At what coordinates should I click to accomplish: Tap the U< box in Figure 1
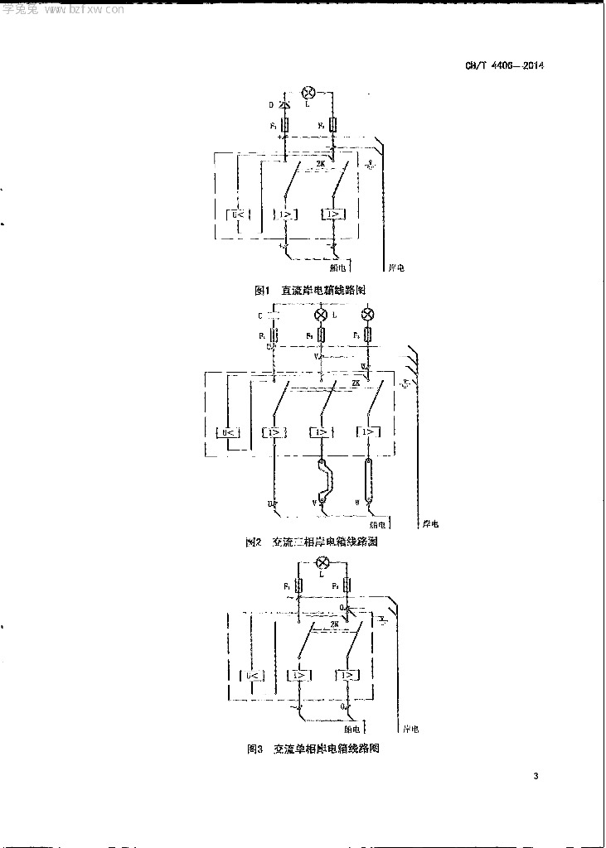click(237, 214)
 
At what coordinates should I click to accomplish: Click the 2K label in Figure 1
click(322, 164)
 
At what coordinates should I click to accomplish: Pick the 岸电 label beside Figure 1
click(397, 268)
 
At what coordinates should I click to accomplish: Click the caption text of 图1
click(310, 291)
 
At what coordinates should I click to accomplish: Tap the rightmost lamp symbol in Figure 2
click(368, 316)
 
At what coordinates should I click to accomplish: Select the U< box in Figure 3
click(254, 676)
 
